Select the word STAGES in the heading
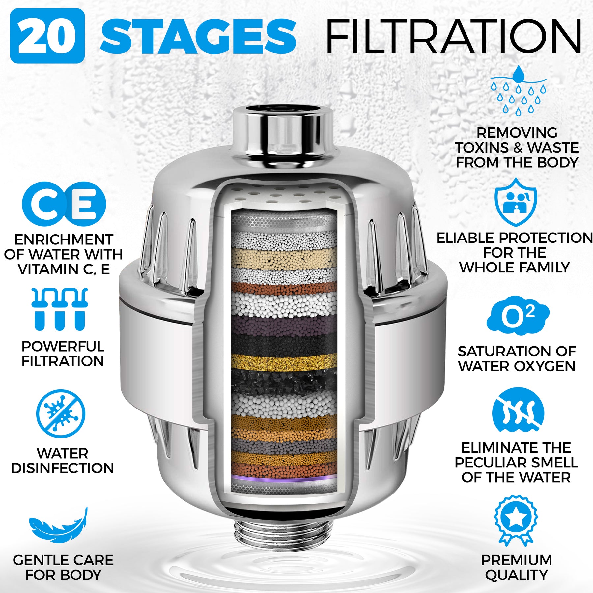tap(198, 36)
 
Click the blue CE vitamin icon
tap(64, 204)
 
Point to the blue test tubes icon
tap(60, 309)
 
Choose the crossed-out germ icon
tap(61, 414)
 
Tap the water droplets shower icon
tap(518, 91)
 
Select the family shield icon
tap(516, 202)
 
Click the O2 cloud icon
tap(518, 316)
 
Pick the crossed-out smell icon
tap(518, 410)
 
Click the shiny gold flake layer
tap(284, 362)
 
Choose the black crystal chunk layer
tap(284, 382)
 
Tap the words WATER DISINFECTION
tap(62, 461)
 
